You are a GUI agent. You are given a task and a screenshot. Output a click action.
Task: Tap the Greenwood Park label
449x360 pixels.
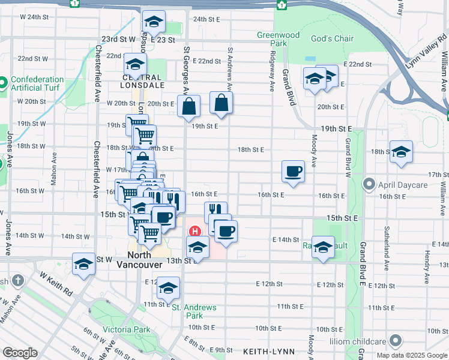[x=278, y=39]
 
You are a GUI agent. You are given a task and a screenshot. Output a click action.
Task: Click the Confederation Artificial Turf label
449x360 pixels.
[x=37, y=84]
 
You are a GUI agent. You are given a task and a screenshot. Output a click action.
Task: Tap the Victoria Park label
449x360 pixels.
[x=126, y=329]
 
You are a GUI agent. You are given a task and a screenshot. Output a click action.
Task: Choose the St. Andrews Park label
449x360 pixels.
[x=194, y=311]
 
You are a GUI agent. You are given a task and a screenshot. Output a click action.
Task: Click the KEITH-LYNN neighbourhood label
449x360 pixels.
[x=266, y=350]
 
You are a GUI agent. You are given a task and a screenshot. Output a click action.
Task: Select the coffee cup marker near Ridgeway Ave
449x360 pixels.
[x=293, y=171]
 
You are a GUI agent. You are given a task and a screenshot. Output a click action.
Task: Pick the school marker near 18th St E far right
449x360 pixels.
[x=400, y=152]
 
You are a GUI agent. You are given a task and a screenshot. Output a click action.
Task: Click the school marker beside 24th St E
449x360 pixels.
[x=154, y=22]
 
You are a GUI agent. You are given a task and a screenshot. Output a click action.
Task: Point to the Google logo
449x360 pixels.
[x=20, y=353]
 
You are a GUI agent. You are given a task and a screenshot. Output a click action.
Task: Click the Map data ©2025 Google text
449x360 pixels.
[x=411, y=355]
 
